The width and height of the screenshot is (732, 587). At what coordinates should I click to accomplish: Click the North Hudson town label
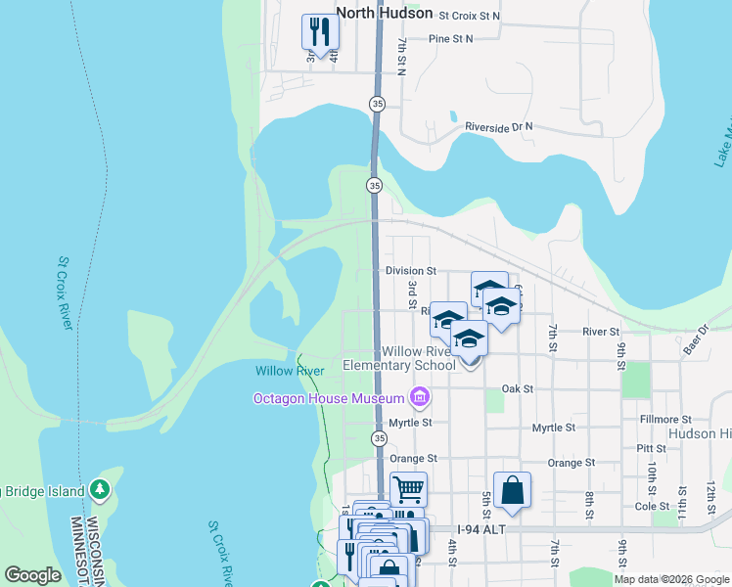point(384,14)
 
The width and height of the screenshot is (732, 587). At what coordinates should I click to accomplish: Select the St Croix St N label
point(469,16)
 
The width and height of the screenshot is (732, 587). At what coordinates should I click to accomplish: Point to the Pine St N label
point(450,39)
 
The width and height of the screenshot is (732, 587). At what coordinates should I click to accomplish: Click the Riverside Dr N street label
point(499,127)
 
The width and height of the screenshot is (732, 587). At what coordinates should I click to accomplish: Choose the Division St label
point(410,271)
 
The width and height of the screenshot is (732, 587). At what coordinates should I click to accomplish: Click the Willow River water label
point(290,371)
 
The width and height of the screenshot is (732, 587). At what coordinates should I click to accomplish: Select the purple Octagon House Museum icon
point(421,397)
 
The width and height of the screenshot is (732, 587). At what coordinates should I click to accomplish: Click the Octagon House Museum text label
point(329,398)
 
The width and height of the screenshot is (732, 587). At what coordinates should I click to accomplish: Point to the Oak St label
point(517,388)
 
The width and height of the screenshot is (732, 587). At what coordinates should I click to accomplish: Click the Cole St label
point(651,506)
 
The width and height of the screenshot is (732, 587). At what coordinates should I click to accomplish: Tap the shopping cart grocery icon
point(408,488)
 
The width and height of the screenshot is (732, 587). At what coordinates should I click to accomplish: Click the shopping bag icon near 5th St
point(513,491)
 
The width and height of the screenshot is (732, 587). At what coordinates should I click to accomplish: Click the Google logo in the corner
point(33,575)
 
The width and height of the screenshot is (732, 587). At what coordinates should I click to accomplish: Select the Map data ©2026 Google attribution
point(671,579)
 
